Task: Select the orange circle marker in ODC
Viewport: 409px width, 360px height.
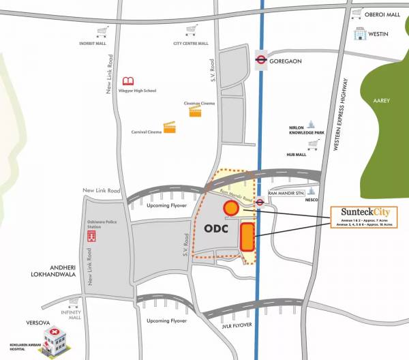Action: pos(231,208)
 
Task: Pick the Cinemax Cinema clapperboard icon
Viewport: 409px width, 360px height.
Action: pos(196,110)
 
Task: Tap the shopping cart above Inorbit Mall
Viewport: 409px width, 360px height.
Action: pos(103,31)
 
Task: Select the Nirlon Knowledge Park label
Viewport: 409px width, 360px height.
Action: pos(303,130)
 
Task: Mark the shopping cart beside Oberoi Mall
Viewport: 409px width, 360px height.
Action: pos(356,12)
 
